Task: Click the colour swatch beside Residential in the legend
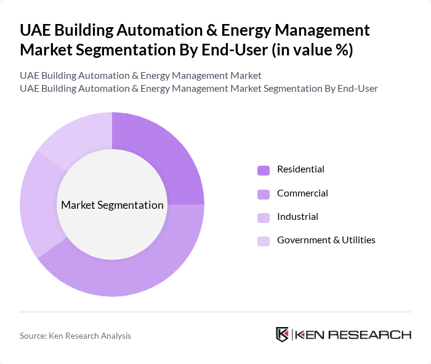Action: tap(264, 170)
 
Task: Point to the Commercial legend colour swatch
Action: tap(264, 194)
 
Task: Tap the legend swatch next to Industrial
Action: tap(264, 217)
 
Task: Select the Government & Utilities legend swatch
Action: tap(264, 241)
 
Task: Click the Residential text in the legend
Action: tap(300, 169)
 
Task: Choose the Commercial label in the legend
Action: tap(302, 193)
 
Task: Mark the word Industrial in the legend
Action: tap(297, 217)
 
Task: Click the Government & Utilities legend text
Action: tap(326, 240)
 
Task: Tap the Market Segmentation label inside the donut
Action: tap(112, 205)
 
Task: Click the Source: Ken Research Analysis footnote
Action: tap(75, 336)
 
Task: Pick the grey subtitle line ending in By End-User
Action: tap(198, 89)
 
